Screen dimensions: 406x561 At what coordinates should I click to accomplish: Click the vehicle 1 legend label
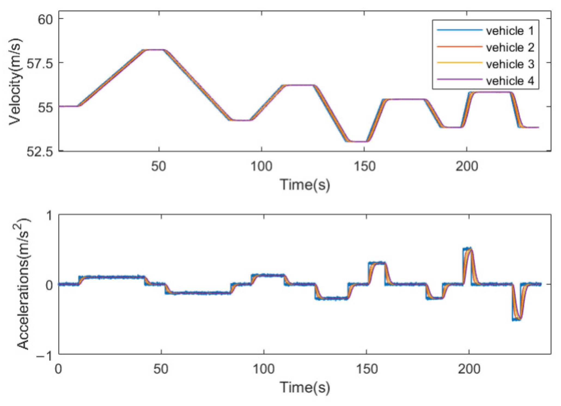(510, 31)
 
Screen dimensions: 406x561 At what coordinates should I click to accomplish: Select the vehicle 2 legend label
(510, 48)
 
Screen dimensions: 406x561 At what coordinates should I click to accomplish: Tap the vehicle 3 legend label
(510, 64)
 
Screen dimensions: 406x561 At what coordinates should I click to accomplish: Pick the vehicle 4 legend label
(510, 81)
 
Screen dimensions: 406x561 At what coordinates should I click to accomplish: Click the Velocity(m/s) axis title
(15, 82)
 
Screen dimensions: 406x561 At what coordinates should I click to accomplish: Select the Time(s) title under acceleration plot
(305, 387)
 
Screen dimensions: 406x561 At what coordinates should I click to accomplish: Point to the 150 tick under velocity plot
(364, 166)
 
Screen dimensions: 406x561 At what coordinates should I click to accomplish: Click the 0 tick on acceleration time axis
(59, 369)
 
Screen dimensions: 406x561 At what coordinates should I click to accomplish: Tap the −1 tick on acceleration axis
(44, 355)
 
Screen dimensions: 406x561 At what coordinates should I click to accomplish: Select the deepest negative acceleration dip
(517, 319)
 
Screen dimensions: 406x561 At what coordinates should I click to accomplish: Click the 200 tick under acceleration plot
(469, 369)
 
